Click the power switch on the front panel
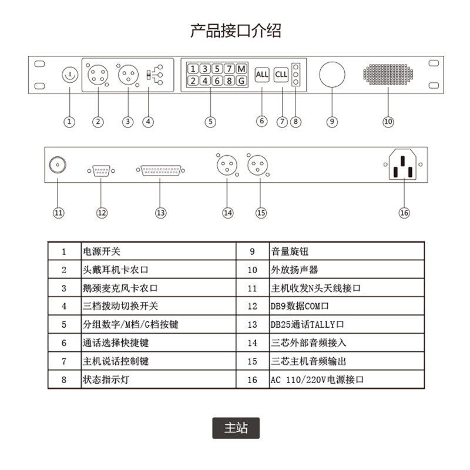point(69,75)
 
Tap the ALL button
point(262,75)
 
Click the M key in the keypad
point(241,68)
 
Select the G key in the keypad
point(241,80)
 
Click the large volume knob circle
point(332,75)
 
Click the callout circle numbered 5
point(210,122)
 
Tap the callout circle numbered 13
point(161,212)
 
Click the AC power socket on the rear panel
point(404,164)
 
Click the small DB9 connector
point(102,170)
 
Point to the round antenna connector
point(58,166)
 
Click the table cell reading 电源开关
point(159,251)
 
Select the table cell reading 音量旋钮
point(347,251)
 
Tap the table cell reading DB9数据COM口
point(347,306)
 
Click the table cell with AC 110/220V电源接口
point(347,380)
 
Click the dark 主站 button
point(236,428)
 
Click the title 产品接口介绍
point(236,31)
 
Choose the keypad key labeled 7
point(229,68)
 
